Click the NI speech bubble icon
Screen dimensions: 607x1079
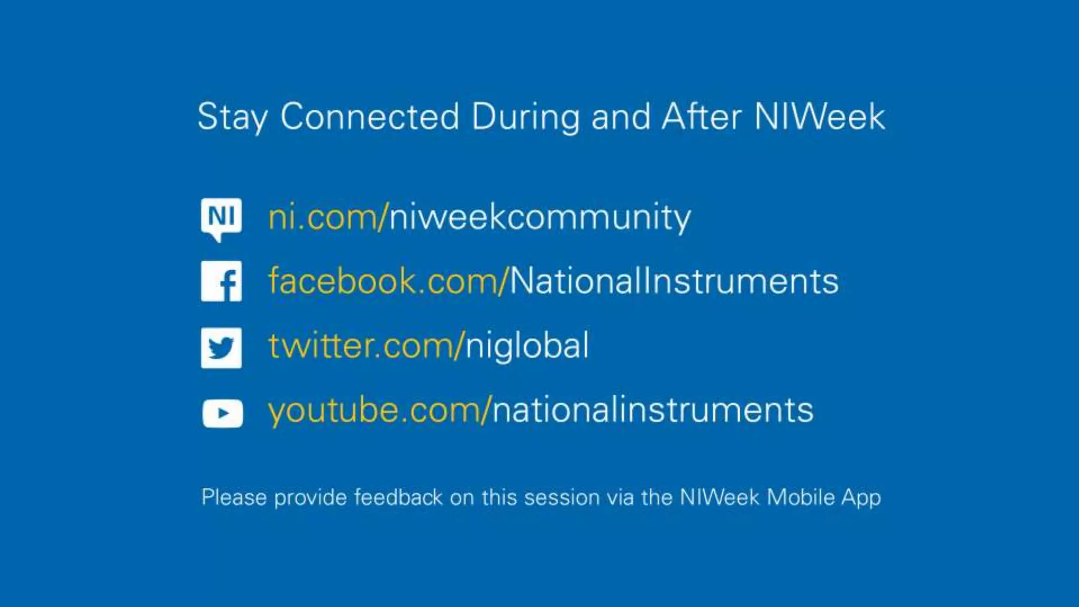[221, 218]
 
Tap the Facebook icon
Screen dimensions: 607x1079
[221, 281]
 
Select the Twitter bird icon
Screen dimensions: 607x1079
[221, 348]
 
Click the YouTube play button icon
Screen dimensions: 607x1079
[222, 413]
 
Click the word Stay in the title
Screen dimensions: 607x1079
[232, 117]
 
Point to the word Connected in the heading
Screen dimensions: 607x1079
[369, 117]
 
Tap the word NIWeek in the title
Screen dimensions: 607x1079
[819, 117]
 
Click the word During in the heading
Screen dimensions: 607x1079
[525, 117]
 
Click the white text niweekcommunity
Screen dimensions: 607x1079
[540, 217]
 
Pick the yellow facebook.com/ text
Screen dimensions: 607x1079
[388, 281]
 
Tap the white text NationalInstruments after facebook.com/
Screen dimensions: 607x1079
[674, 281]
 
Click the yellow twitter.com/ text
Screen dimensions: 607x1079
[366, 346]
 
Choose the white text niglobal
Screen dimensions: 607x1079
[527, 346]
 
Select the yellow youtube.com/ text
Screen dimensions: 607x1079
[379, 410]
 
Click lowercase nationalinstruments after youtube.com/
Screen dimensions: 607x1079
[653, 410]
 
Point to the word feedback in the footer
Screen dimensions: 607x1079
[398, 497]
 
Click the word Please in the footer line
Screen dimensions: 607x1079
[234, 497]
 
